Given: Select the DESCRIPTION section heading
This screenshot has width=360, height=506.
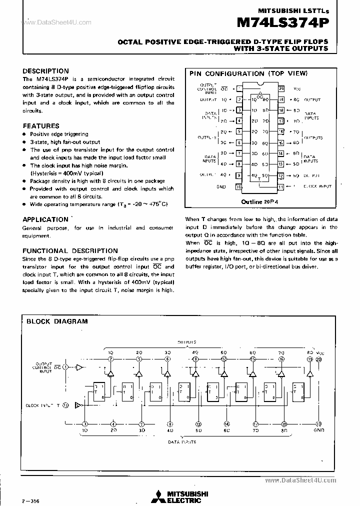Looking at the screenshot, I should point(45,71).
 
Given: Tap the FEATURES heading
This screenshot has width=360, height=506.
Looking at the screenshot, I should point(41,126).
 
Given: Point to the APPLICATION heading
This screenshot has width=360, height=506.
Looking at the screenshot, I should point(45,219).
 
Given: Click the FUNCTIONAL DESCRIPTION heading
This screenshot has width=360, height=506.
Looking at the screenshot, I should point(70,250).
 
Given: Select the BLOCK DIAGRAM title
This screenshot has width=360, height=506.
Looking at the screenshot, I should point(56,321).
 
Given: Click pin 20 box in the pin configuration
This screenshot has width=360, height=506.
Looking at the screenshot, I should point(281,88).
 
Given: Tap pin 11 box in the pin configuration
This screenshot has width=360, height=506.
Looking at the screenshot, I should point(281,186).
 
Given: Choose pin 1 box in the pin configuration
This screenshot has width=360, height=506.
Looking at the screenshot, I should point(239,88).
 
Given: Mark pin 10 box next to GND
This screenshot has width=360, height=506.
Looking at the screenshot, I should point(239,186).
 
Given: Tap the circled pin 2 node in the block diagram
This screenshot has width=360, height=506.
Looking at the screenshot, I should point(110,359).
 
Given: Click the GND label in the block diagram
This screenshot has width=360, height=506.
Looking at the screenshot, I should point(319,430).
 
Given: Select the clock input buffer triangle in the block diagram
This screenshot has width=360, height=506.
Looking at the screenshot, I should point(78,405).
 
